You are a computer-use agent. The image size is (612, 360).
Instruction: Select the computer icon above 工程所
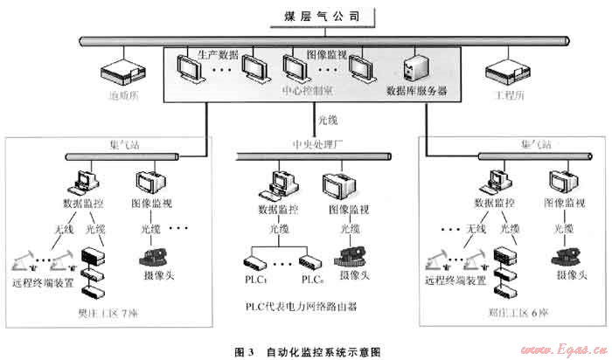click(x=504, y=69)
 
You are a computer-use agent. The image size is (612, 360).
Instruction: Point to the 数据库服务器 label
click(x=418, y=90)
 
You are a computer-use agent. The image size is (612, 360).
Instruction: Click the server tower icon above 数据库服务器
click(x=413, y=67)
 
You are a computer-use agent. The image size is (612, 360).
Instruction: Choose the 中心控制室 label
click(x=304, y=90)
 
